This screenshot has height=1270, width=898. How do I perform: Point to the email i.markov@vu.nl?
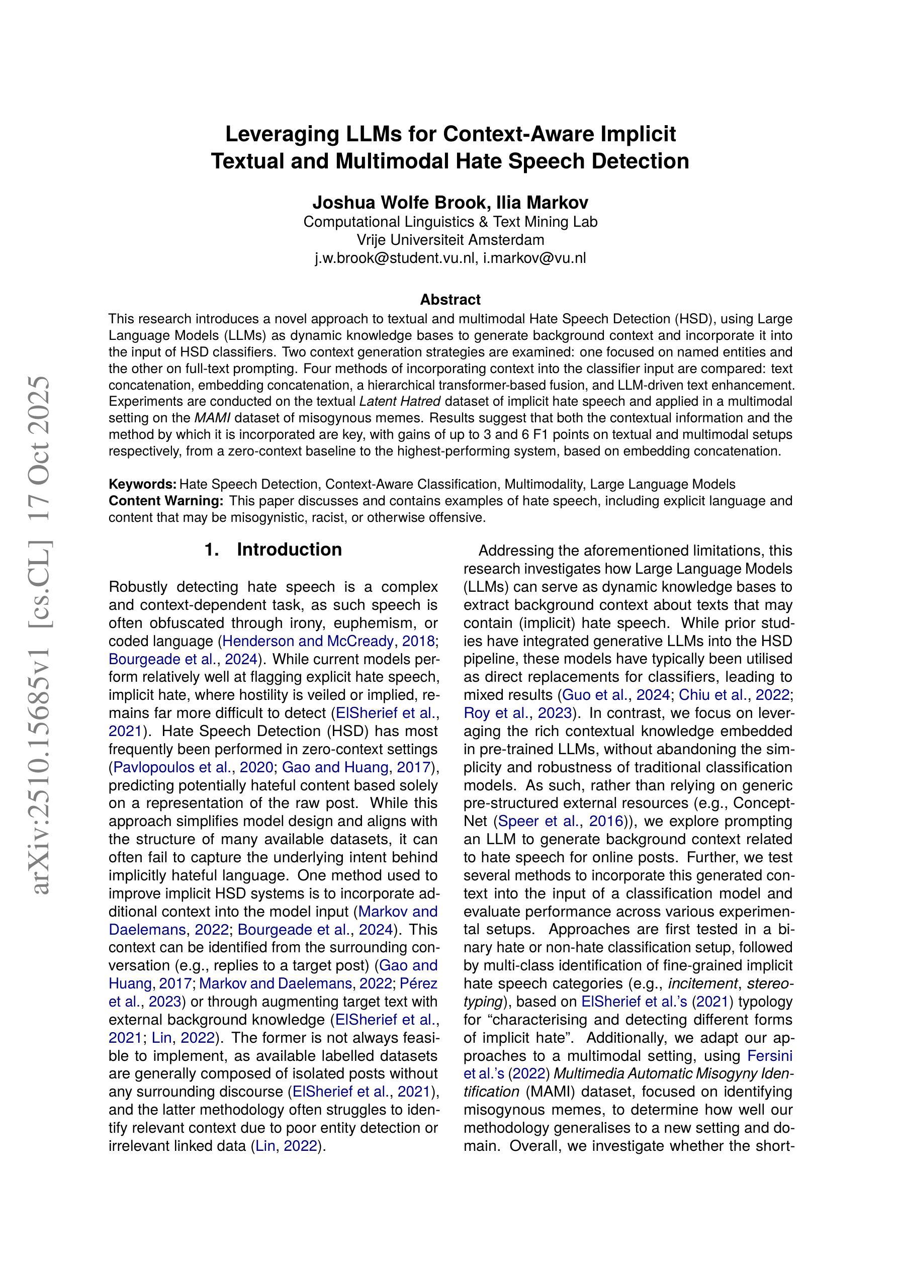pyautogui.click(x=534, y=258)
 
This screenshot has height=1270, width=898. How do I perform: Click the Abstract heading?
pyautogui.click(x=450, y=300)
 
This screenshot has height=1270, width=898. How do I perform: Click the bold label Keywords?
pyautogui.click(x=143, y=485)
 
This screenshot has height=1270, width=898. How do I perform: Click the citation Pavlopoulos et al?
pyautogui.click(x=172, y=767)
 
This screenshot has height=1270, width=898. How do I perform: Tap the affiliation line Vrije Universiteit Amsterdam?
pyautogui.click(x=450, y=240)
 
